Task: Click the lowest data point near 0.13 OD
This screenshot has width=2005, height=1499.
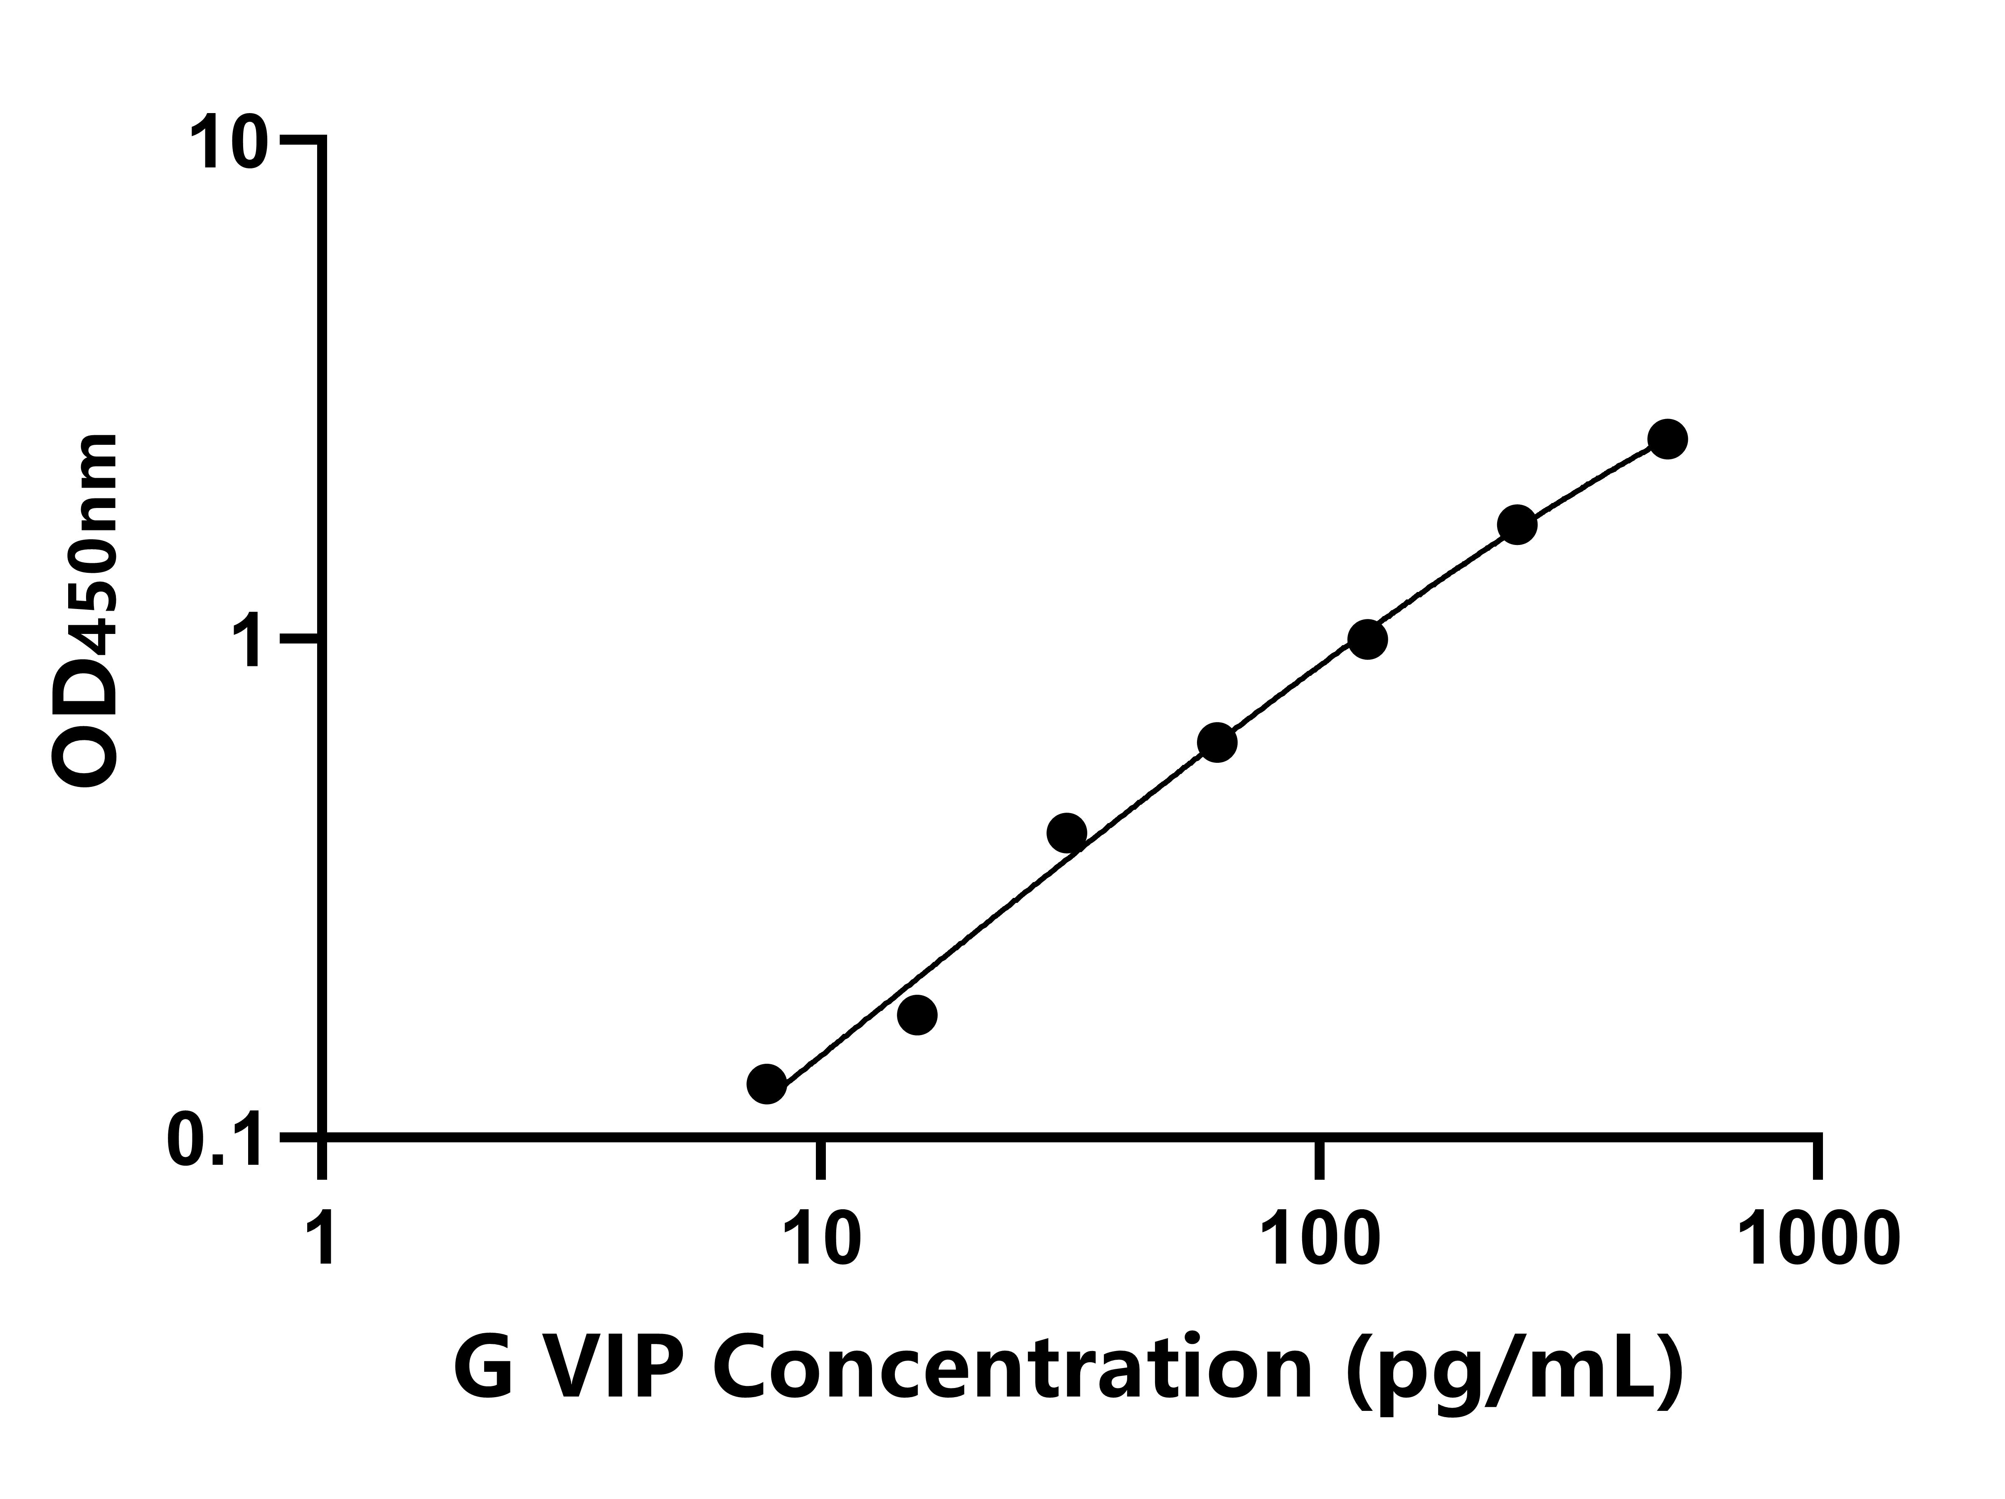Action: click(767, 1084)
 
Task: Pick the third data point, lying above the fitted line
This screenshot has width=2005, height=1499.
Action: click(1067, 833)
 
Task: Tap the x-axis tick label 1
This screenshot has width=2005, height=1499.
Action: click(322, 1240)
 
